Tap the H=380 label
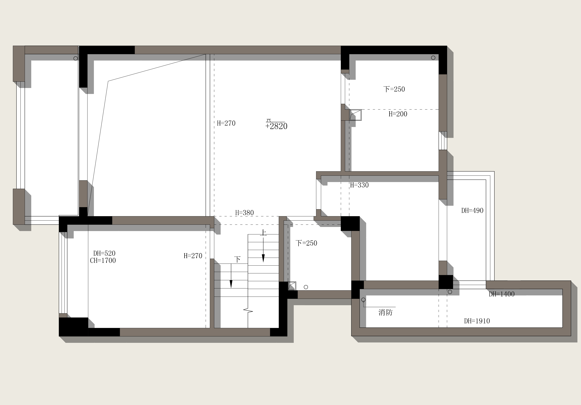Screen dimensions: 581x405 (244, 213)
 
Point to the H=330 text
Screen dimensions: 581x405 (359, 185)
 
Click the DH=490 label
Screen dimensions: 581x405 (472, 210)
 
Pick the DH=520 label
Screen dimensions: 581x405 (104, 253)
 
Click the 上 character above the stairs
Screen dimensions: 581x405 (263, 233)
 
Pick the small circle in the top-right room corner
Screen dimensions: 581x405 (433, 58)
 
